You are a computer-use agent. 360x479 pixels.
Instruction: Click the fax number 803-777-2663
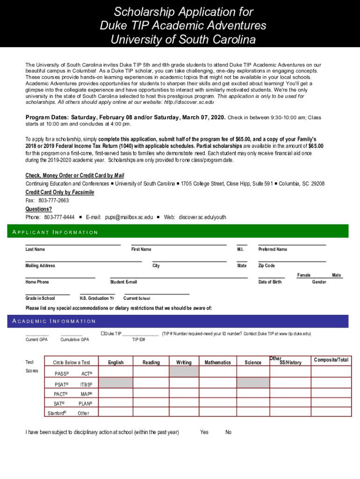click(53, 200)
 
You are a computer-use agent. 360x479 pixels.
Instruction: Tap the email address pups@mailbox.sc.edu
click(129, 217)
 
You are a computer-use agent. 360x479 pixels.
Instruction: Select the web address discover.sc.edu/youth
click(202, 217)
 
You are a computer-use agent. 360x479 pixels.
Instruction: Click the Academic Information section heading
click(54, 321)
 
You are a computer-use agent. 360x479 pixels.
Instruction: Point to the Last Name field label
click(35, 249)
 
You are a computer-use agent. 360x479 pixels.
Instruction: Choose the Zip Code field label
click(266, 266)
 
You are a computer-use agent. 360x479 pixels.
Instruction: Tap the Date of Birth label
click(270, 282)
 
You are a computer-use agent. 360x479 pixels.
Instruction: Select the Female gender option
click(304, 275)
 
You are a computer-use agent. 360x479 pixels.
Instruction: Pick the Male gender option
click(337, 275)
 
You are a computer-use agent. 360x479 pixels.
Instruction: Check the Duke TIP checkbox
click(103, 334)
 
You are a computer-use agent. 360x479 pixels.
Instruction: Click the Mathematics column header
click(217, 363)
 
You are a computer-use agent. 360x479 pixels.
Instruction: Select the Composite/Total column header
click(331, 360)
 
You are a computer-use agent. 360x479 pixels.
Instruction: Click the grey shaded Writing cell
click(184, 371)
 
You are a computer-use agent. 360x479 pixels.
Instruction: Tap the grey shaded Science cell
click(253, 383)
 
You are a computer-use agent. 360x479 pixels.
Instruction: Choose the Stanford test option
click(57, 413)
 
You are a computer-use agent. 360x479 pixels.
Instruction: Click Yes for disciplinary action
click(204, 432)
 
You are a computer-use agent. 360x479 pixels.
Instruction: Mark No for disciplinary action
click(228, 432)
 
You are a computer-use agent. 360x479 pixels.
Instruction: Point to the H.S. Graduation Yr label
click(97, 298)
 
